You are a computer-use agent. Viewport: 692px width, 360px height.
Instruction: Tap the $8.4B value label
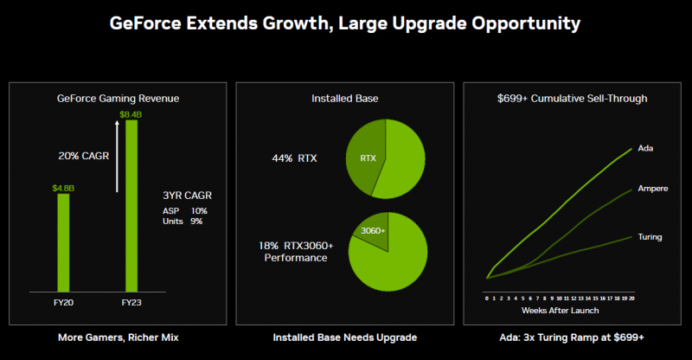point(131,114)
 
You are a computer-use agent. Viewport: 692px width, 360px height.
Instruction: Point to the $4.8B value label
point(63,187)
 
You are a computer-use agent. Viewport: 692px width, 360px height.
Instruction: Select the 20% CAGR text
point(84,157)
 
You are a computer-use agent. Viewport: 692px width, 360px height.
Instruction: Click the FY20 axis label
point(63,304)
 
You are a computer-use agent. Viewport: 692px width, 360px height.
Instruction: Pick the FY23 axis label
point(131,304)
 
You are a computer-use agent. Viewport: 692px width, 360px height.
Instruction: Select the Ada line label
point(644,148)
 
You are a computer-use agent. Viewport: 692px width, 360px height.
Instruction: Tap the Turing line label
point(650,236)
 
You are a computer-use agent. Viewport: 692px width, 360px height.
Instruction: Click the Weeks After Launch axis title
point(560,310)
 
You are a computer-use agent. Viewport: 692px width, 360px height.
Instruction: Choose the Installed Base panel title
point(344,99)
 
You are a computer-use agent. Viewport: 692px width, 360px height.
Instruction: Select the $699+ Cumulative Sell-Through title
point(572,99)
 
